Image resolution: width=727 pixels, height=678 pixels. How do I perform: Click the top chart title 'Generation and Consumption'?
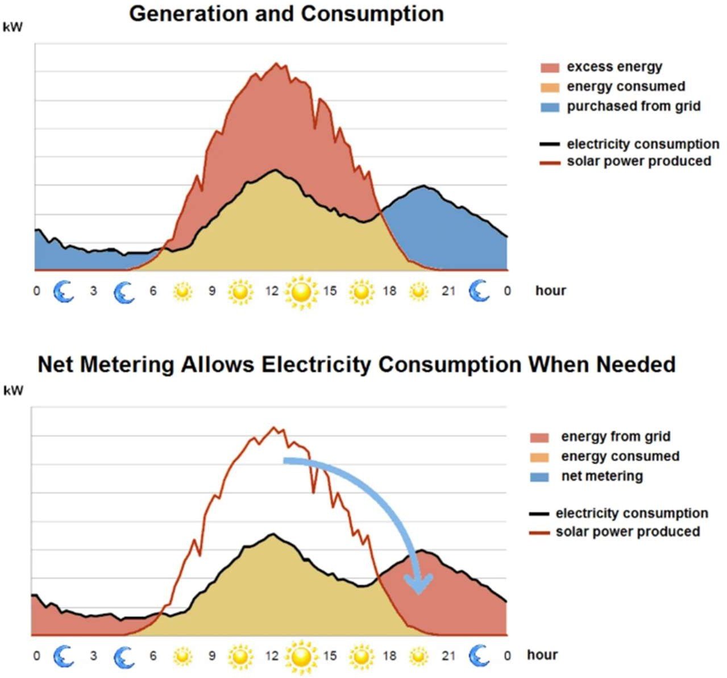(x=286, y=14)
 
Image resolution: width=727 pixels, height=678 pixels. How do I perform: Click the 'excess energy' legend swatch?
(x=550, y=68)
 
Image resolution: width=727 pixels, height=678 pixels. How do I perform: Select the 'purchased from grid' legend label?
(x=633, y=106)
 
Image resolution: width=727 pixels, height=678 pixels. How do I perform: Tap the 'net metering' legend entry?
(x=601, y=476)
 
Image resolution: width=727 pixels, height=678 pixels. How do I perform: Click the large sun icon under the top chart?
(x=301, y=292)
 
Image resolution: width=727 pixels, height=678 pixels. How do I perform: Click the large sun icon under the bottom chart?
(x=301, y=656)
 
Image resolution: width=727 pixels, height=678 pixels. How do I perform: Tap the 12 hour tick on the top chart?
(x=272, y=291)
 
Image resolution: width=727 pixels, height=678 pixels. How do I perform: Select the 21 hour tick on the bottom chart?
(x=448, y=656)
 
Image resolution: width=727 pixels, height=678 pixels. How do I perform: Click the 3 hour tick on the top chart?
(x=93, y=291)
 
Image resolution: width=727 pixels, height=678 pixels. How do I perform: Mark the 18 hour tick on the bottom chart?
(x=389, y=656)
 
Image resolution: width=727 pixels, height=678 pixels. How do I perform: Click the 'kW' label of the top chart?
(x=13, y=27)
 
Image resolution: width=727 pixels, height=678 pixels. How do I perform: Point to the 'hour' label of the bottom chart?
(x=542, y=655)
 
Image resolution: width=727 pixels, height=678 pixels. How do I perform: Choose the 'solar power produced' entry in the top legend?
(x=638, y=161)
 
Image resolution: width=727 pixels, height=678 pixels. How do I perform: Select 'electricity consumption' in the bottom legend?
(x=632, y=514)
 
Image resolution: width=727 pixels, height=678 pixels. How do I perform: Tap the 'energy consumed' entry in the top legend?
(x=625, y=87)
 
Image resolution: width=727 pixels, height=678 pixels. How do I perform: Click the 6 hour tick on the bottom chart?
(x=153, y=656)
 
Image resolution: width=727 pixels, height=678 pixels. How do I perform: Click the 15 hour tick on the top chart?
(x=330, y=291)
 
